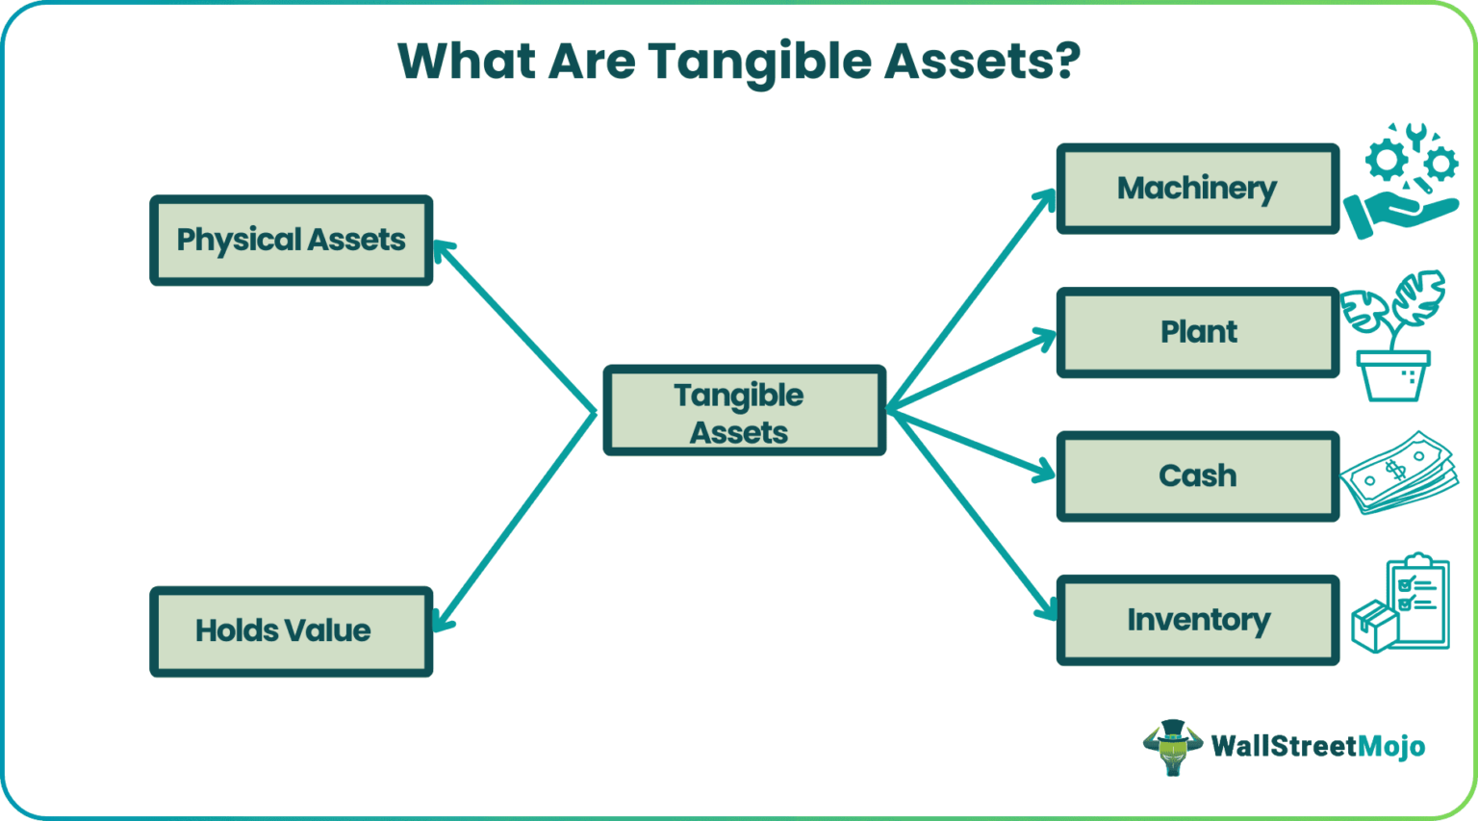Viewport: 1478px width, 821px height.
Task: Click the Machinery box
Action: tap(1197, 189)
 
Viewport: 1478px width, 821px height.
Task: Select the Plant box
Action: tap(1197, 332)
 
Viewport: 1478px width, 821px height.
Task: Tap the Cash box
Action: tap(1197, 475)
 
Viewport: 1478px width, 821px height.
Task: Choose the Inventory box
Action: tap(1197, 620)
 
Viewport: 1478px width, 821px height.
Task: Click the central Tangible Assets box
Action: tap(744, 410)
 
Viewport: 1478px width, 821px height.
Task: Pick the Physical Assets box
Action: tap(291, 240)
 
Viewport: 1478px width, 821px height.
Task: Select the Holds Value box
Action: tap(291, 631)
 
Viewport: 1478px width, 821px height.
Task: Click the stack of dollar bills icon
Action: tap(1397, 473)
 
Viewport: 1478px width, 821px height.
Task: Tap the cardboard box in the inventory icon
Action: tap(1374, 627)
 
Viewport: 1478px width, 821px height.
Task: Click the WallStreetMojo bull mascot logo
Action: tap(1172, 747)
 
